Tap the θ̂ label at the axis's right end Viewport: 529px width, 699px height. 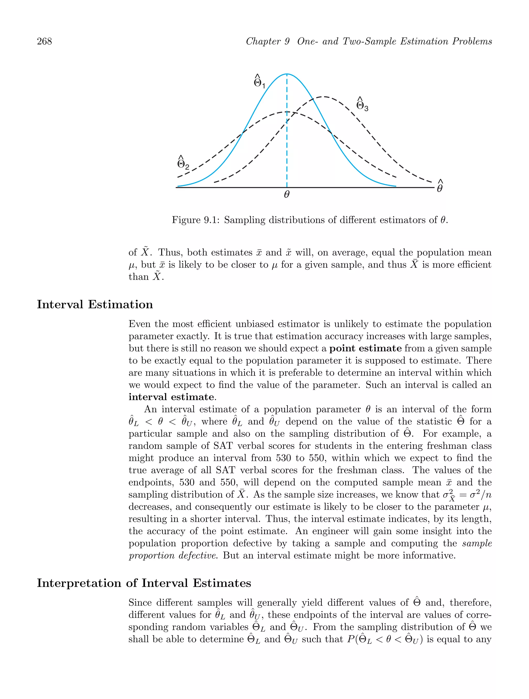coord(440,187)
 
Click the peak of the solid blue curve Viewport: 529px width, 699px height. coord(287,74)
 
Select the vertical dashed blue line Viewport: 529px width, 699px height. coord(287,142)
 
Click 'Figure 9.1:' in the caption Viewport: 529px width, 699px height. coord(196,220)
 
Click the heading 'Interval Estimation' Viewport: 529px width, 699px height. coord(95,305)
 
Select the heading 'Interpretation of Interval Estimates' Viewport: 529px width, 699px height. coord(144,583)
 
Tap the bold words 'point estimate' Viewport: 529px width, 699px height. coord(365,348)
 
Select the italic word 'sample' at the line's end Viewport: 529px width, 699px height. coord(477,543)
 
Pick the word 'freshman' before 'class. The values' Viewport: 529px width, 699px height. coord(357,470)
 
